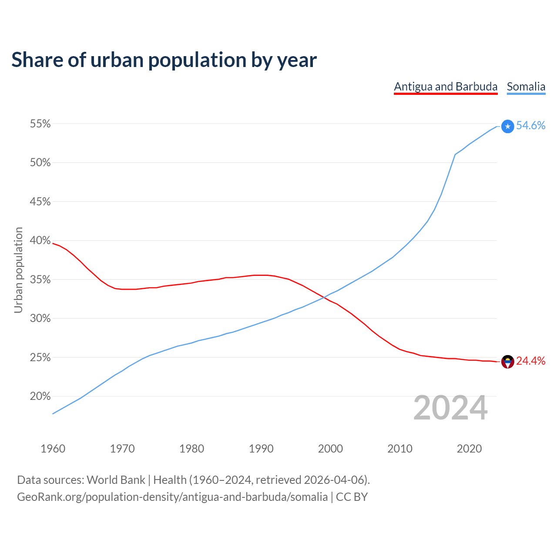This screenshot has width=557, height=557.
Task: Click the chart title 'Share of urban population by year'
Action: click(164, 60)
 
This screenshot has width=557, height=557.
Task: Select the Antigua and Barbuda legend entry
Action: click(446, 87)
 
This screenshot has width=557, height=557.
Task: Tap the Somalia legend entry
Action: click(526, 87)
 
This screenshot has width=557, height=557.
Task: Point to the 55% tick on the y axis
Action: click(40, 124)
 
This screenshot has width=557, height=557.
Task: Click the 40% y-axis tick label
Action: click(40, 241)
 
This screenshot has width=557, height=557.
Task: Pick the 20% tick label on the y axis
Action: click(40, 396)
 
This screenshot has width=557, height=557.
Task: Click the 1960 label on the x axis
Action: click(53, 449)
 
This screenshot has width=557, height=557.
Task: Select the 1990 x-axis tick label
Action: click(261, 449)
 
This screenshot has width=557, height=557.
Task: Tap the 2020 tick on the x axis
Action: click(469, 449)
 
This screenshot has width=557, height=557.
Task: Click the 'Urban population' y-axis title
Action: click(18, 270)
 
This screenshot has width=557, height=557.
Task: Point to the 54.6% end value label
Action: click(530, 126)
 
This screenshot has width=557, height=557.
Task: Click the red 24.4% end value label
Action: click(530, 361)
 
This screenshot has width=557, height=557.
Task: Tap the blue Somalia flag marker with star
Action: click(507, 126)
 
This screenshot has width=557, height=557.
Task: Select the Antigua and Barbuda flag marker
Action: click(507, 362)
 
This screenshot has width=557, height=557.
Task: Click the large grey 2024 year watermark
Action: click(450, 408)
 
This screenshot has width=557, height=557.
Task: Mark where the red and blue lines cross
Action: click(325, 297)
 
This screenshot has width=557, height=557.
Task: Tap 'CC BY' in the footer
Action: click(352, 497)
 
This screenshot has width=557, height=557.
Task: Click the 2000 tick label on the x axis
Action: click(330, 449)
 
